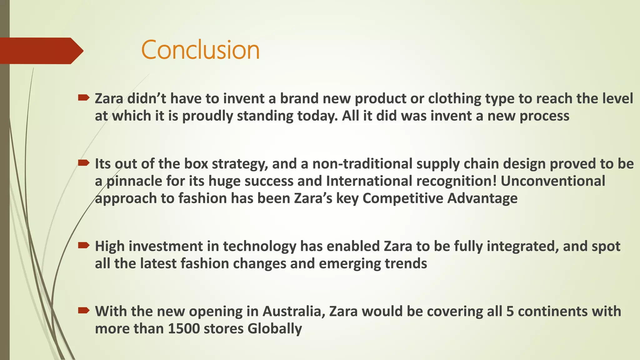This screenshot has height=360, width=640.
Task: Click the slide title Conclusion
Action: [200, 50]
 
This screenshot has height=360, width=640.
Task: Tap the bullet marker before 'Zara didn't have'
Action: [83, 98]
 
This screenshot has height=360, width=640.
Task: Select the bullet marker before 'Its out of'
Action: [83, 163]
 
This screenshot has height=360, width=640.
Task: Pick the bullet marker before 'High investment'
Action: [83, 245]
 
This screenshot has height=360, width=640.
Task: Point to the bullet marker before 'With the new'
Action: [83, 310]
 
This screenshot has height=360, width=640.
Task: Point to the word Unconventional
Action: [553, 181]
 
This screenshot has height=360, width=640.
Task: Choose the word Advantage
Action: [482, 199]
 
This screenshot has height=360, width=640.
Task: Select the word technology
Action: [259, 246]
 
